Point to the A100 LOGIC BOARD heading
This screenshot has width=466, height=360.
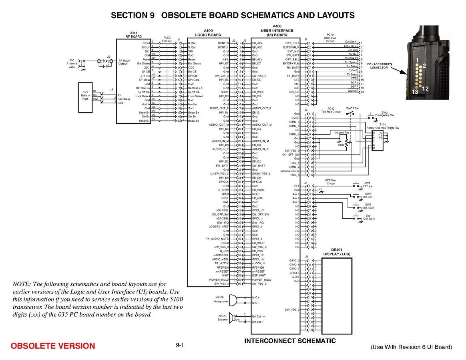208,32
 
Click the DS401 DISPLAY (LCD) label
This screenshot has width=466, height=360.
337,252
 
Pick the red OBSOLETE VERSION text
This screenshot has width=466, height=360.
53,346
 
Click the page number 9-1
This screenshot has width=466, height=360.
179,345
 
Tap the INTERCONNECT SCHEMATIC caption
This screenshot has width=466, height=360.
290,341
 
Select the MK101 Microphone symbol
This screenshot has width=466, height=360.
234,300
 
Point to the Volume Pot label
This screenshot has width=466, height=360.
342,133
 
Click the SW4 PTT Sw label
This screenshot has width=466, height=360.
368,185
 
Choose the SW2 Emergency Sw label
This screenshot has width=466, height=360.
387,114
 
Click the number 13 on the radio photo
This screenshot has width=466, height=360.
415,92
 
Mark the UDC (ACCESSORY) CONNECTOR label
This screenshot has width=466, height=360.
378,66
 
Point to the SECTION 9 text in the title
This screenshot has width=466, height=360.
133,16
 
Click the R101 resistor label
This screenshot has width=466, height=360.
341,145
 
